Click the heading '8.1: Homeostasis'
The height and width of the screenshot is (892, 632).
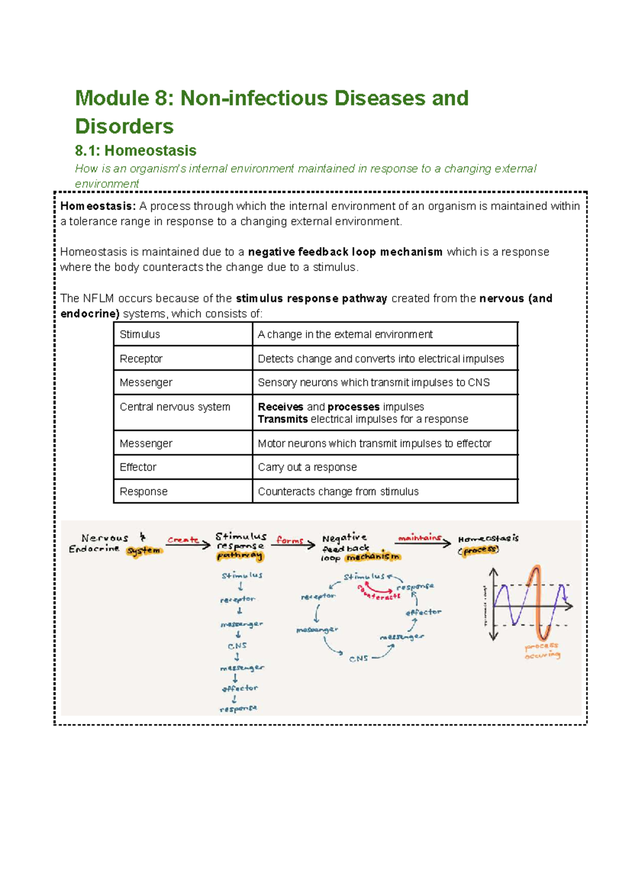tap(135, 151)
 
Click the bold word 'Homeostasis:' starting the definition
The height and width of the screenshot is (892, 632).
tap(98, 206)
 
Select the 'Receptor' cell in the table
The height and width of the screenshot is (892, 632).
tap(141, 359)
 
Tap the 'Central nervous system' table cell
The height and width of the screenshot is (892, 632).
tap(175, 407)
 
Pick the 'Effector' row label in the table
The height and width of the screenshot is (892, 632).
tap(138, 467)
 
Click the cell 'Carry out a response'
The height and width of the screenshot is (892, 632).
tap(307, 467)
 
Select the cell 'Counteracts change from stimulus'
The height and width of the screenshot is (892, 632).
tap(338, 491)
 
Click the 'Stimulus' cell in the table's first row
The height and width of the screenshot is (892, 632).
tap(140, 334)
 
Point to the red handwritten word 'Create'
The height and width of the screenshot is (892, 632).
tap(183, 540)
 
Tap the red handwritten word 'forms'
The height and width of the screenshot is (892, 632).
tap(290, 540)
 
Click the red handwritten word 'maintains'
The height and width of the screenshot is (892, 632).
tap(419, 538)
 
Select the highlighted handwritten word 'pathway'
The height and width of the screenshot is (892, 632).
tap(240, 556)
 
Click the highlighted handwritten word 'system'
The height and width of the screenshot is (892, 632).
tap(144, 550)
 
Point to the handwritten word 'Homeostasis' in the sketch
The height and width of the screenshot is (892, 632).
tap(488, 539)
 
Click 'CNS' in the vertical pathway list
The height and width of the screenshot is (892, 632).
tap(237, 646)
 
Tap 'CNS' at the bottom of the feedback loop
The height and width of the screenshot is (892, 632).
tap(359, 659)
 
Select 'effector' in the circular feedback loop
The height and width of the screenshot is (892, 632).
tap(423, 612)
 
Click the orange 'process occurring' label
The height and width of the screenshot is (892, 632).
tap(542, 650)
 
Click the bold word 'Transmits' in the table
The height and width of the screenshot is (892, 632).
tap(283, 419)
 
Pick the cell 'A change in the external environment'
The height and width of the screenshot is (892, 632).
tap(345, 334)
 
